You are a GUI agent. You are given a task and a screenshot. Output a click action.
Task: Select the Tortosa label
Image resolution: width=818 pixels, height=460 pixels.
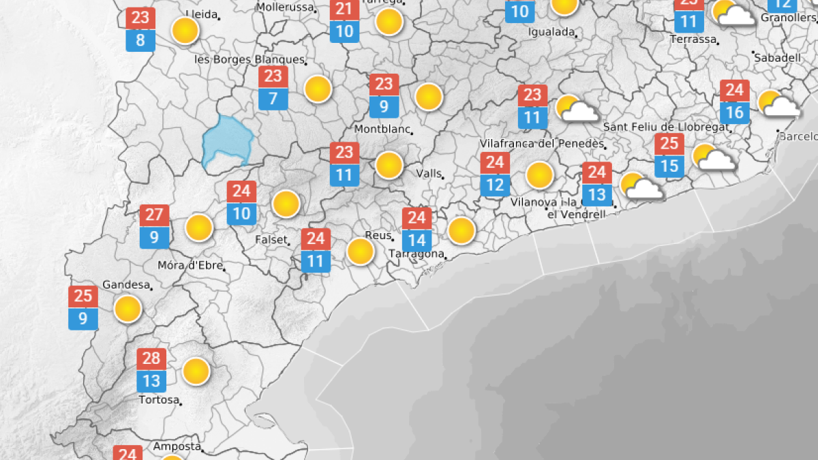[x=158, y=399]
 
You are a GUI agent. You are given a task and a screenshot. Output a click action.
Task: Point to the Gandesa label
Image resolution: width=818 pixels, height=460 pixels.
[x=125, y=284]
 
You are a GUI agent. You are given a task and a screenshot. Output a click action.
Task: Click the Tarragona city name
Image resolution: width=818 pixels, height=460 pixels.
[x=416, y=254]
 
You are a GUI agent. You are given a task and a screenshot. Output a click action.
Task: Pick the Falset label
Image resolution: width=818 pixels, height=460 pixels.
[x=271, y=240]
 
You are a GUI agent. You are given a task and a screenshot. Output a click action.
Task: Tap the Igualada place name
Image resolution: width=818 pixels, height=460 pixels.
[x=551, y=32]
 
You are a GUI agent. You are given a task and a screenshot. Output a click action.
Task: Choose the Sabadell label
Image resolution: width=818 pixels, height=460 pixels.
[x=777, y=58]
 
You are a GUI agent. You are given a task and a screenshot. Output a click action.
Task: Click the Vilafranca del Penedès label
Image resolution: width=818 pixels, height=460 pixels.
[x=542, y=144]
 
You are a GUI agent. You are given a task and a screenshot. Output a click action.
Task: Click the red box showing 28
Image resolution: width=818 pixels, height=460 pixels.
[x=151, y=358]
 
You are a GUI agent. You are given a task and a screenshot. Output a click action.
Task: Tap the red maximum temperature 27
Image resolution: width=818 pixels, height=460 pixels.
[x=154, y=215]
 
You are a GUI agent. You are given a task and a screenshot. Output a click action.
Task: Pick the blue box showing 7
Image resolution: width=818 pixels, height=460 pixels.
[x=273, y=98]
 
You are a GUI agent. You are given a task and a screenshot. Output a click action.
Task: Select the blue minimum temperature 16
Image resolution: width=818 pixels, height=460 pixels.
[x=735, y=112]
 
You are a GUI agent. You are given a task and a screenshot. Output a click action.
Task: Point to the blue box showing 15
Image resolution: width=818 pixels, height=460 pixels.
[x=669, y=166]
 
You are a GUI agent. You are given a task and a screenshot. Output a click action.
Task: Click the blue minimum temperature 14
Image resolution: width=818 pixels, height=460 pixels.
[x=416, y=240]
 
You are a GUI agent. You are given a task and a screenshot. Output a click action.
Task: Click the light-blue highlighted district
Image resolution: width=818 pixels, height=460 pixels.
[x=227, y=141]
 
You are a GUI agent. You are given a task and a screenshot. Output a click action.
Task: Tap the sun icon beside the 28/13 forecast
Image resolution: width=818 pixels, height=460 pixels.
[x=196, y=371]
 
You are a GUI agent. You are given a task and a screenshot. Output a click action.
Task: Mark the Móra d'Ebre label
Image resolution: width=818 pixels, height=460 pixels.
[x=190, y=265]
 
